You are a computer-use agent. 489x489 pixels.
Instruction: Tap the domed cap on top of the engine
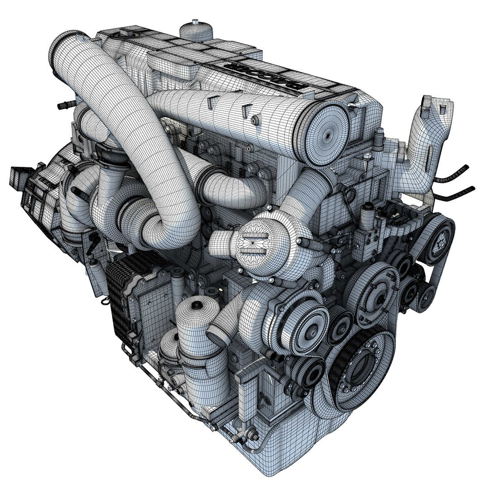[196, 30]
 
